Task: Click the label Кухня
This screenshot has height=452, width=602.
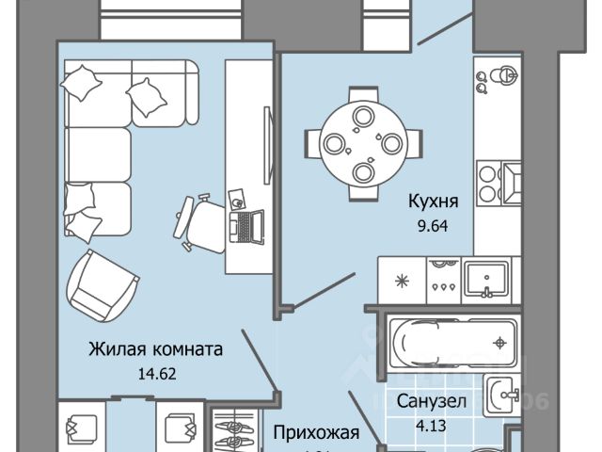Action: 433,201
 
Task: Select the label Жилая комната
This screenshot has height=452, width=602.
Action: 156,350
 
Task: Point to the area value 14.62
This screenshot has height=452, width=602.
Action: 156,372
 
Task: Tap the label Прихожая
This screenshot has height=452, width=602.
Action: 317,434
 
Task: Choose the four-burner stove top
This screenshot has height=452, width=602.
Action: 442,279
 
